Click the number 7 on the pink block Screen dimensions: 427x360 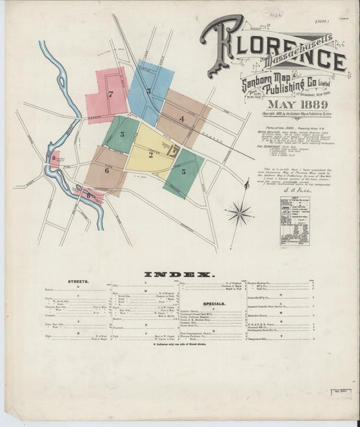[x=110, y=95]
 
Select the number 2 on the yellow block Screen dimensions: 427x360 [x=150, y=155]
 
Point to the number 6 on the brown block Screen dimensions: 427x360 [x=106, y=171]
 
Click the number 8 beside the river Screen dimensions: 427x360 [x=54, y=159]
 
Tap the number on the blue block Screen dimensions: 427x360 [x=149, y=91]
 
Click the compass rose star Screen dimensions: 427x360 [x=240, y=215]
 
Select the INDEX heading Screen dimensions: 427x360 [x=179, y=274]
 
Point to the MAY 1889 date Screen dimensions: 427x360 [x=298, y=104]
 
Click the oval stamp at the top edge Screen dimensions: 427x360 [x=276, y=12]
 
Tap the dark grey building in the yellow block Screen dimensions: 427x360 [x=174, y=151]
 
